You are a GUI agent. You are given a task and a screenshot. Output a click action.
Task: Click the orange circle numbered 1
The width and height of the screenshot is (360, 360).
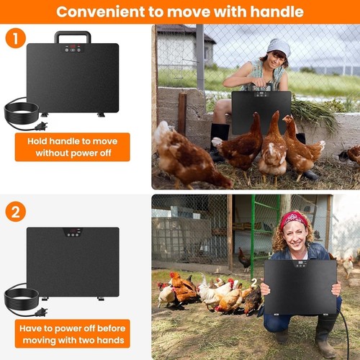pos(16,38)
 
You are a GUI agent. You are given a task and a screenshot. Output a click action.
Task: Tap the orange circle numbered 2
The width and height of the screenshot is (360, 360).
pos(16,212)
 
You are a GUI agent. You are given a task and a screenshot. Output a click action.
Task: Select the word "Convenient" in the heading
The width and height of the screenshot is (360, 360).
pos(101,12)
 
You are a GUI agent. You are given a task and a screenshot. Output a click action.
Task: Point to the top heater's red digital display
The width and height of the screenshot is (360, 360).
pos(73,46)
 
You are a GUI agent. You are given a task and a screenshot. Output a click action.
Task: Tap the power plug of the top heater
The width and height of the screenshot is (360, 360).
pos(41,126)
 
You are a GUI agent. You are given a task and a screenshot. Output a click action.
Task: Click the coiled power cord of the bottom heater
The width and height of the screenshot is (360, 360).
pos(21,294)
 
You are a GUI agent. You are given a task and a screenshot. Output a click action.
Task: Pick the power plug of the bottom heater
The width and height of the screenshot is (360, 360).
pos(41,312)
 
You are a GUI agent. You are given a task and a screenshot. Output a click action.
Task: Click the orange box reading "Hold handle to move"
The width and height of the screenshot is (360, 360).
pos(73,147)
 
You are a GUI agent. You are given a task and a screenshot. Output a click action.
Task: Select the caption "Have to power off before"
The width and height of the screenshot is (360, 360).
pos(73,328)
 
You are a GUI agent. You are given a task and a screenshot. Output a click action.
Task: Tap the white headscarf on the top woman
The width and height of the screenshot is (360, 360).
pos(279,47)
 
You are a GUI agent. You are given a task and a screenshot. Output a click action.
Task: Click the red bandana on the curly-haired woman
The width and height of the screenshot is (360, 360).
pos(293,220)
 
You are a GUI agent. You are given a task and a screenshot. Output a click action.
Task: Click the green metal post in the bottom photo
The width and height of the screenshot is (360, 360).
pos(253,236)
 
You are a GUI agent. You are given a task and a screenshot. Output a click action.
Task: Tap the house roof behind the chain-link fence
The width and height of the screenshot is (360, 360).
pos(185,32)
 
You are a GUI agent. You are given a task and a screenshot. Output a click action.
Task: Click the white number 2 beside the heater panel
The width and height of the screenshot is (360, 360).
pos(254,283)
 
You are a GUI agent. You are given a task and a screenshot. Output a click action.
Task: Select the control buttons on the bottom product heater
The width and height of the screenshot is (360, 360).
pos(73,235)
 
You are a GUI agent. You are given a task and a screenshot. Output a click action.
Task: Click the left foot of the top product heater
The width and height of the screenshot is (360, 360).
pos(45,114)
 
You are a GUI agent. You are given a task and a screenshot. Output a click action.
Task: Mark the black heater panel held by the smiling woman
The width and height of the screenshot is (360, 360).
pos(300,287)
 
